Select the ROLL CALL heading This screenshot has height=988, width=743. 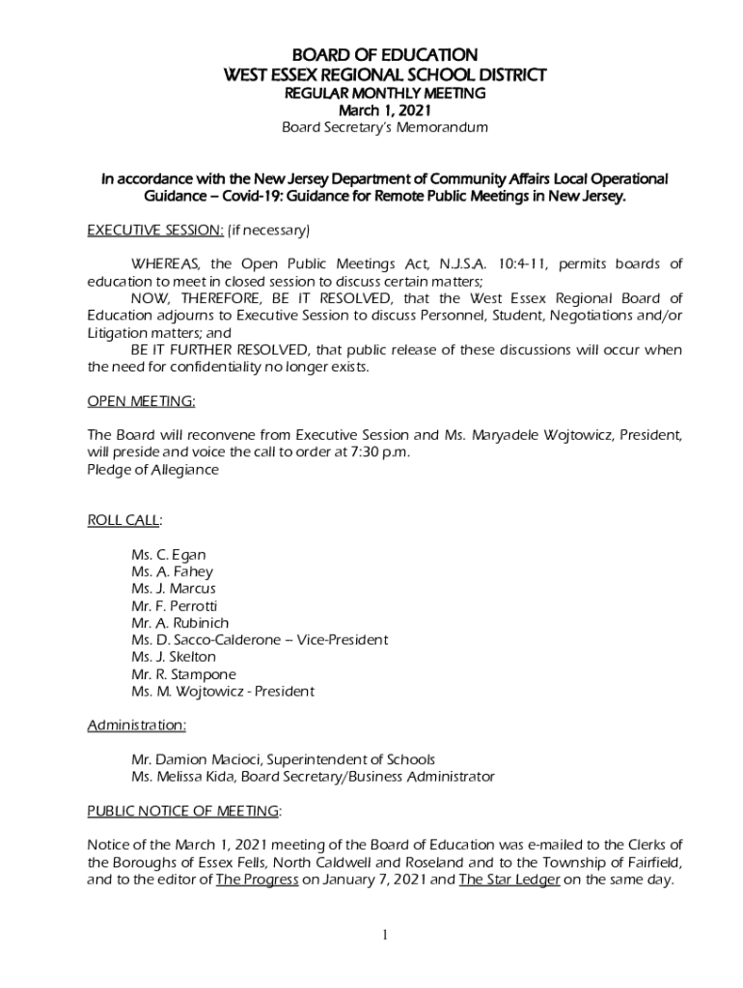(124, 520)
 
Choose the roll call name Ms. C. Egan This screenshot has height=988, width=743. (168, 555)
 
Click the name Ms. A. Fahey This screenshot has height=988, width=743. (172, 572)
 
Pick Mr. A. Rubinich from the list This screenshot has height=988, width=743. (179, 623)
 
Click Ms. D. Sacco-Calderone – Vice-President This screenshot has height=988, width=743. (260, 640)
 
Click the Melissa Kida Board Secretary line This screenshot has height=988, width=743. (313, 777)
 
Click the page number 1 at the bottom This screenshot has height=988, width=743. (384, 935)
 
